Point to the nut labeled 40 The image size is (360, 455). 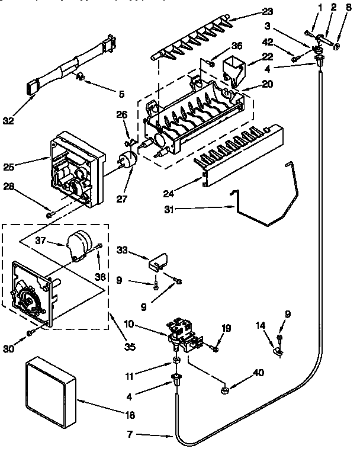point(226,391)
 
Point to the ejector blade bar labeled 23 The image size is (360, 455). point(189,44)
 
